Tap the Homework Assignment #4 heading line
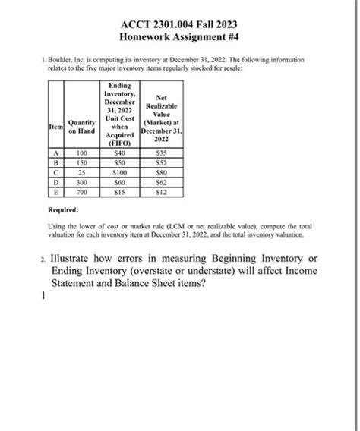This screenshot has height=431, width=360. click(x=180, y=35)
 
